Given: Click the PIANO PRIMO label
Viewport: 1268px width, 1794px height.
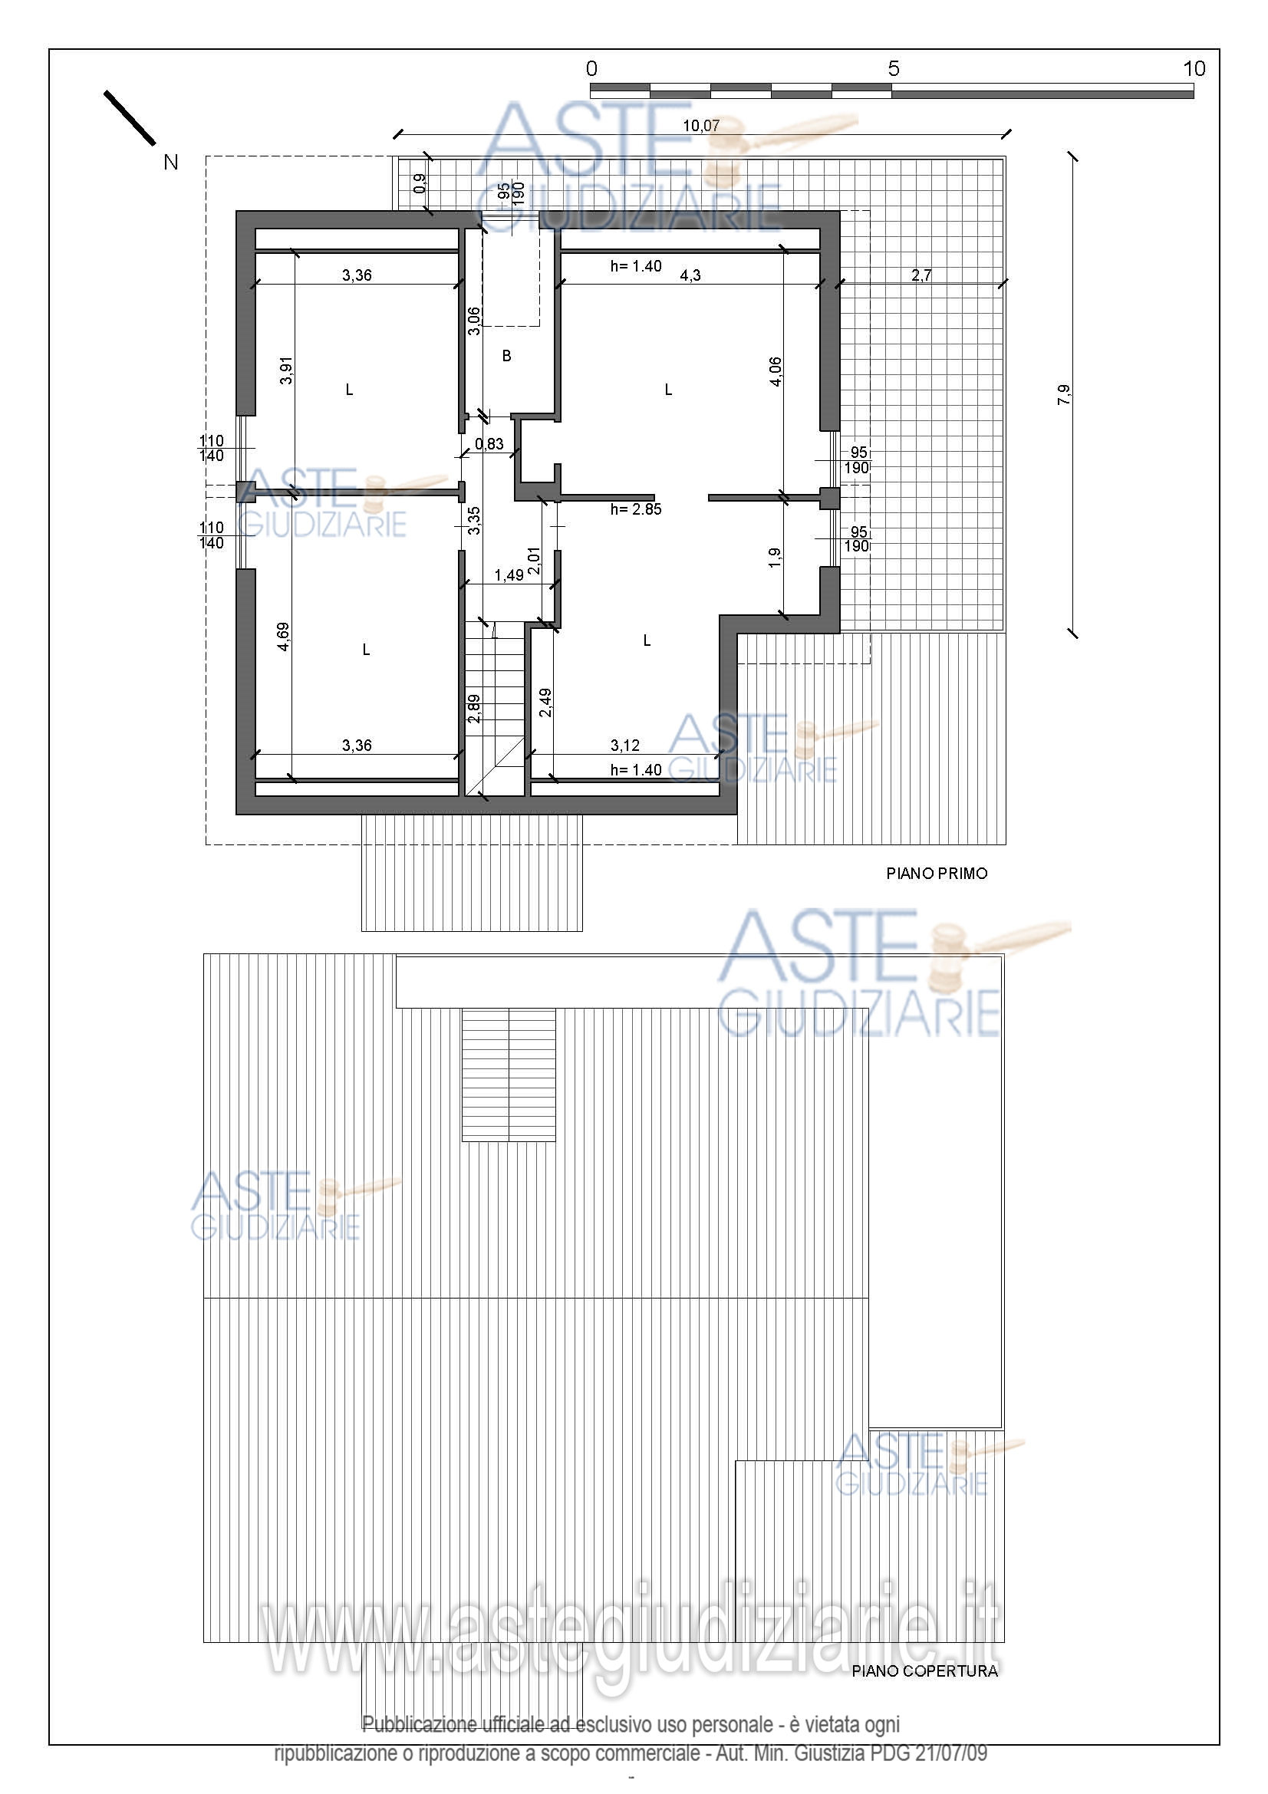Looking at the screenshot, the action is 937,874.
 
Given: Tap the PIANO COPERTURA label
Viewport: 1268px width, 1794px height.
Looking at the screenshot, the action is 925,1671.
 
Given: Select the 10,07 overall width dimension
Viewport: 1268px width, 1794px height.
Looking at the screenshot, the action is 701,126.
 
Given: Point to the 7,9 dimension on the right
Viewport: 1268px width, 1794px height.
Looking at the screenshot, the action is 1064,394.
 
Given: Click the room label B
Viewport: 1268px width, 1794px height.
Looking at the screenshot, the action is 506,357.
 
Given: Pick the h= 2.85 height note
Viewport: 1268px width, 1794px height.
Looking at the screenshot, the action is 636,509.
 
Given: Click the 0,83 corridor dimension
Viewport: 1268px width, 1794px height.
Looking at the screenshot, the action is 489,445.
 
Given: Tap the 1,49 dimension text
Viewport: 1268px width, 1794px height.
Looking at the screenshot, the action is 509,575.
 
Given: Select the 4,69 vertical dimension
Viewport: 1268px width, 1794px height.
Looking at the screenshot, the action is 284,636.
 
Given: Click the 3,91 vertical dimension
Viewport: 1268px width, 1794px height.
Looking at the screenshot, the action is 287,370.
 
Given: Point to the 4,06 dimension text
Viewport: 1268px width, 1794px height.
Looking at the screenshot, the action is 775,371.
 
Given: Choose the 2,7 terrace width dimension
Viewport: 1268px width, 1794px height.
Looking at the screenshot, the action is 921,275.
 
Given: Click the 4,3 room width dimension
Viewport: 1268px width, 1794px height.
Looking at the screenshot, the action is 690,275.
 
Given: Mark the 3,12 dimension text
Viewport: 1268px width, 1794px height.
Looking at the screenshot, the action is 625,746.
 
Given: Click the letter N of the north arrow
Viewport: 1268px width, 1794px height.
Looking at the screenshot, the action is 171,162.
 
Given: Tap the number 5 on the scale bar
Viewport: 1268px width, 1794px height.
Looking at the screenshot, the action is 894,69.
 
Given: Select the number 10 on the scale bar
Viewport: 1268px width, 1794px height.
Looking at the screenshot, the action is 1194,69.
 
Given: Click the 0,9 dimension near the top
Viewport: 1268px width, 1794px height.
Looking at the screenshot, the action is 420,183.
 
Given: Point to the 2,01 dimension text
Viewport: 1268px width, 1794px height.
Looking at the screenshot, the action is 534,561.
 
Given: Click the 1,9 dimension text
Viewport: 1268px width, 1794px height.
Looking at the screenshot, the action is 774,557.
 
